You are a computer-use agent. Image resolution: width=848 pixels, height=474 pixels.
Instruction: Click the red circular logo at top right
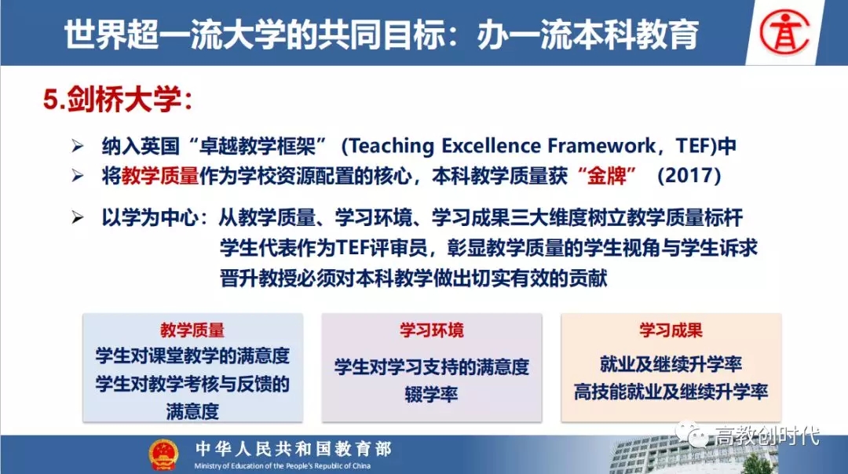click(784, 32)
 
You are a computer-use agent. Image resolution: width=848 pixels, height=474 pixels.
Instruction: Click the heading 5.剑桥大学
click(118, 100)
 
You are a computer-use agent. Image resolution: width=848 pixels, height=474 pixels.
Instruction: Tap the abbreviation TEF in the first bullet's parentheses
click(696, 146)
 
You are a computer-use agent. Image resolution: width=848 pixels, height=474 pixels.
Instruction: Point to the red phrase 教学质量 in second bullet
click(160, 176)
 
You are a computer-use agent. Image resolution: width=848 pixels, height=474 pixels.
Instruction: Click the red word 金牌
click(606, 176)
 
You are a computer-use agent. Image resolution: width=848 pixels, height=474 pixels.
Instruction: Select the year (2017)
click(689, 176)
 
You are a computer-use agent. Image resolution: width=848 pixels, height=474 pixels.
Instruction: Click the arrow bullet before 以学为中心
click(78, 217)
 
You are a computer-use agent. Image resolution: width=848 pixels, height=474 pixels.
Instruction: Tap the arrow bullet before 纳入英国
click(78, 145)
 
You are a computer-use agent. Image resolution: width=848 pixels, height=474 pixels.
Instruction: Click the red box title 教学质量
click(192, 330)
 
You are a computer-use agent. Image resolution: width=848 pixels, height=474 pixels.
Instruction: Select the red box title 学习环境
click(432, 330)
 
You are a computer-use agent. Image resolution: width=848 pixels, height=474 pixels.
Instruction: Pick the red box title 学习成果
click(671, 330)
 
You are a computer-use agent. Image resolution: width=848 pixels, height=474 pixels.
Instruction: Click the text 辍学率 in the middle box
click(432, 395)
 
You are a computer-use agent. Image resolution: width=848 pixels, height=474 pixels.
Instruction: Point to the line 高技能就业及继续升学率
click(671, 392)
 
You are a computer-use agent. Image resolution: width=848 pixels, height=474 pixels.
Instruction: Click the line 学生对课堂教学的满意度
click(192, 355)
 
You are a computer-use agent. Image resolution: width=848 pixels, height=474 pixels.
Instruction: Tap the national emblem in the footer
click(163, 454)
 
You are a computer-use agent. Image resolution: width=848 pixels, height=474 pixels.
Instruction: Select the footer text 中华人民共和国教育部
click(293, 449)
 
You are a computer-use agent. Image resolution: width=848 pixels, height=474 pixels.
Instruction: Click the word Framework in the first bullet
click(601, 146)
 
